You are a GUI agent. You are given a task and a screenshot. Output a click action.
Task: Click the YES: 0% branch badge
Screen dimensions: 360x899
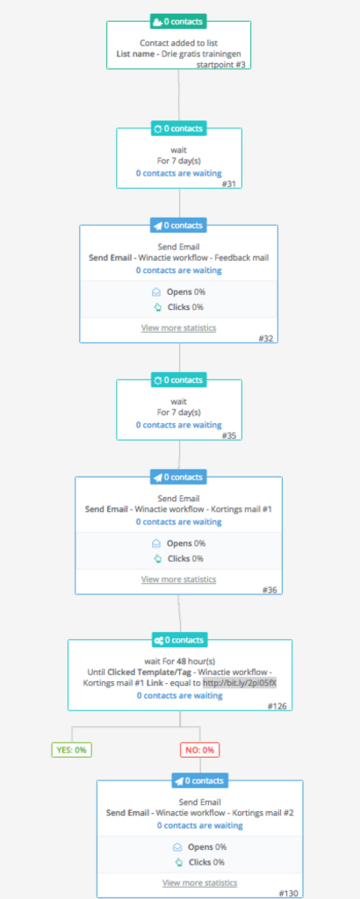pyautogui.click(x=72, y=750)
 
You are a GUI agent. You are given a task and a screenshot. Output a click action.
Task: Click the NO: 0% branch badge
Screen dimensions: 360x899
pyautogui.click(x=200, y=750)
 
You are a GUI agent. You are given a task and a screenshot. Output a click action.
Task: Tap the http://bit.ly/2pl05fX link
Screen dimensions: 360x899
pyautogui.click(x=240, y=683)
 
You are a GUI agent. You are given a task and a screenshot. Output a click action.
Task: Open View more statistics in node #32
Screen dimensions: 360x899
pyautogui.click(x=179, y=328)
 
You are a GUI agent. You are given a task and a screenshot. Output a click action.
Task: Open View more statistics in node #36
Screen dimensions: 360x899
pyautogui.click(x=179, y=579)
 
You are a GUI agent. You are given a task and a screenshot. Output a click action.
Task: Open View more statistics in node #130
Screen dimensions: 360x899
pyautogui.click(x=200, y=883)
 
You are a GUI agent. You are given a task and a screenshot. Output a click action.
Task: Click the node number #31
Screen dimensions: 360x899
pyautogui.click(x=231, y=184)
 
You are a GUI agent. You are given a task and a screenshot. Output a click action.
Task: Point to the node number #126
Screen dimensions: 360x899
pyautogui.click(x=279, y=706)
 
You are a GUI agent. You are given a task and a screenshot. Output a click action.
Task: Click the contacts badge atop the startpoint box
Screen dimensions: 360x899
pyautogui.click(x=179, y=22)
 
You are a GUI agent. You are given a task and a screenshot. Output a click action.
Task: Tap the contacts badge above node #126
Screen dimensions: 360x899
pyautogui.click(x=179, y=640)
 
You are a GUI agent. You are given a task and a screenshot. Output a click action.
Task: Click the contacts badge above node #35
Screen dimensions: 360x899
pyautogui.click(x=179, y=380)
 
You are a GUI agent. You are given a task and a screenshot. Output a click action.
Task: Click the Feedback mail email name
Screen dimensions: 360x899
pyautogui.click(x=241, y=258)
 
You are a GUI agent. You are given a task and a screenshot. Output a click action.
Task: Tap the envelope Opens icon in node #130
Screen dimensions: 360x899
pyautogui.click(x=177, y=847)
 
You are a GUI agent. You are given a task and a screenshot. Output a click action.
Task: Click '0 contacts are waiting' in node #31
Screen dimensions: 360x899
pyautogui.click(x=179, y=173)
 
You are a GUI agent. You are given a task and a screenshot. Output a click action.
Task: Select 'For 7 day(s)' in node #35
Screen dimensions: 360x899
pyautogui.click(x=179, y=413)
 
